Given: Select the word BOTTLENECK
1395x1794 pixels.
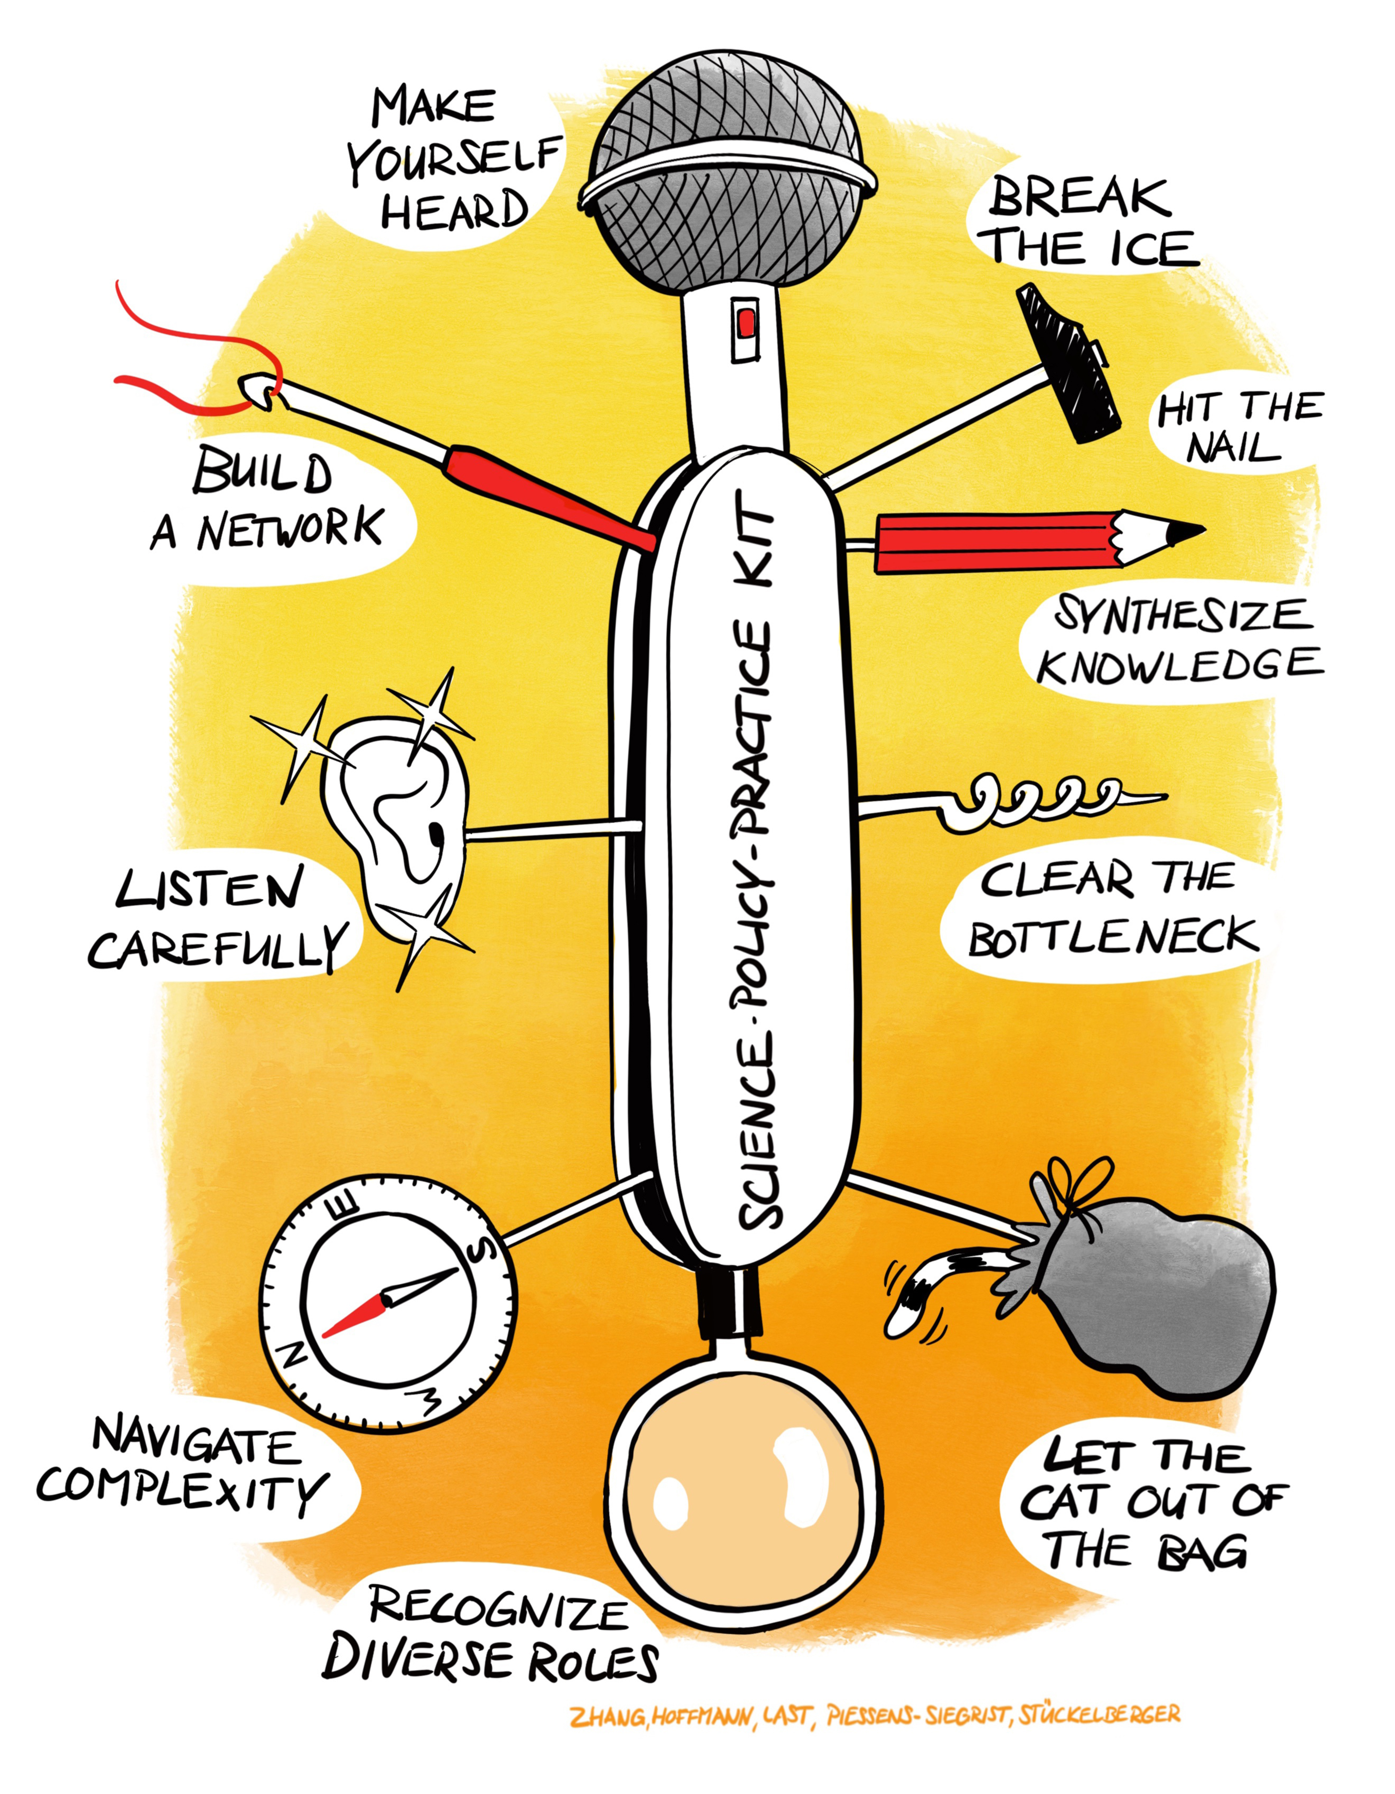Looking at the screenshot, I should (1113, 937).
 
